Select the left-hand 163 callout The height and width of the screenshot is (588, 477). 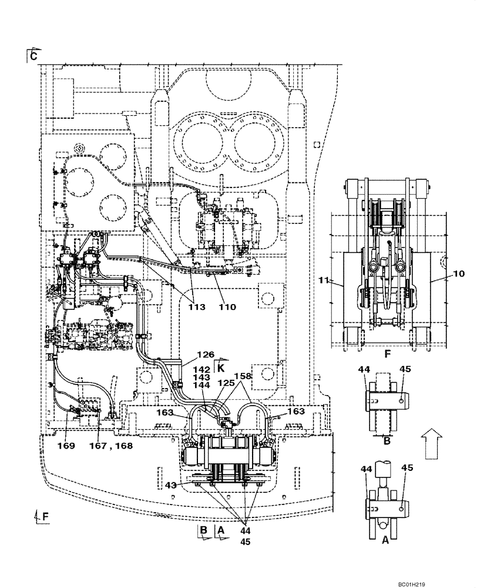coord(166,412)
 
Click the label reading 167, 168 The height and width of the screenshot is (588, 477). coord(115,446)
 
